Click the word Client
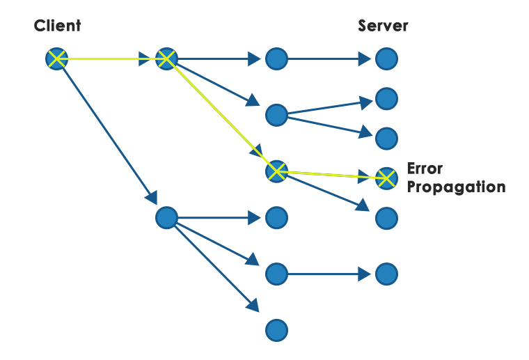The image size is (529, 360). pos(57,26)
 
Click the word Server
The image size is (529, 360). pos(383,26)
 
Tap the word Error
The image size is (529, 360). pos(425,169)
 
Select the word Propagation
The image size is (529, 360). pos(456,187)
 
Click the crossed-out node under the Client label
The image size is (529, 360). pos(57,59)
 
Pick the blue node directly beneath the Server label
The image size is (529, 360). pos(386,59)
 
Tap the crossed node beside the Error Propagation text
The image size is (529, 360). pos(386,178)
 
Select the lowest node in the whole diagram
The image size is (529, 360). pos(276,329)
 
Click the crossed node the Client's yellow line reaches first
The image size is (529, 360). pos(166,59)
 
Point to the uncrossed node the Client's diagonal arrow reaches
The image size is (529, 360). pos(166,218)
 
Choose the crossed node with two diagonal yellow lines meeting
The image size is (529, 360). pos(276,170)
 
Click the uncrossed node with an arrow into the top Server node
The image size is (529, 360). pos(276,59)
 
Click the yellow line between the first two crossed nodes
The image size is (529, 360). pos(111,59)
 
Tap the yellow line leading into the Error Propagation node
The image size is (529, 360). pos(331,174)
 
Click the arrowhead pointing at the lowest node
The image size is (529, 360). pos(253,306)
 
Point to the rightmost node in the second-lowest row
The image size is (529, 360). pos(386,274)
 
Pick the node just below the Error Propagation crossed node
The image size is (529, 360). pos(386,218)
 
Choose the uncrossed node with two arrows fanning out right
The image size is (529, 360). pos(276,114)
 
